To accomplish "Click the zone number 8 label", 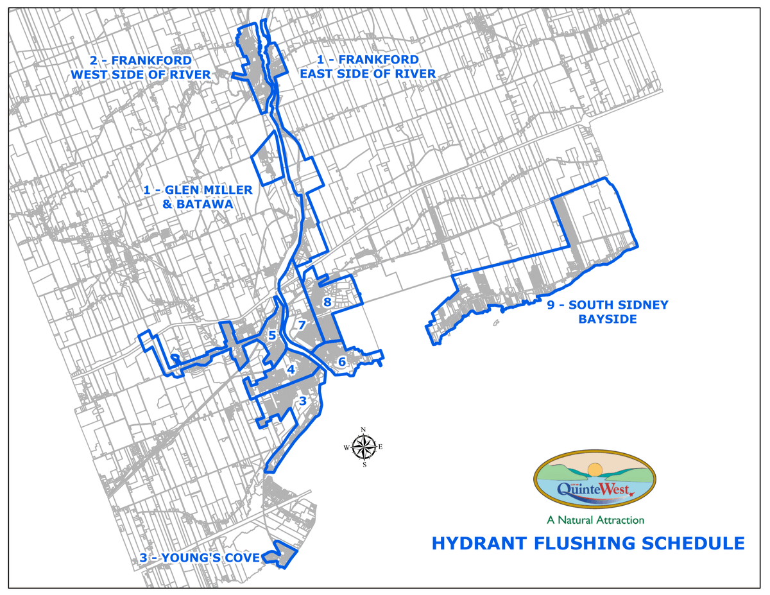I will tap(327, 302).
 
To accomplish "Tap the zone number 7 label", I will tap(301, 325).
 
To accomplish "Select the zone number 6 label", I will tap(342, 362).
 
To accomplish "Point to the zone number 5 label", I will tap(272, 335).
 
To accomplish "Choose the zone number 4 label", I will tap(291, 370).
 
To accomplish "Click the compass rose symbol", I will tap(363, 447).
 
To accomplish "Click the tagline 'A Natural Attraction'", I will tap(595, 519).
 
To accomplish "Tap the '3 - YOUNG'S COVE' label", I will tap(199, 558).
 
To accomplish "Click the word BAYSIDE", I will tap(607, 319).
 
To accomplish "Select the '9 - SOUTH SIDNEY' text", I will tap(607, 306).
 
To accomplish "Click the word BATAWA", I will tap(207, 204).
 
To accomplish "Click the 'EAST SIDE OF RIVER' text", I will tap(368, 74).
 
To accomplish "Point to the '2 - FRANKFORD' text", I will tap(141, 60).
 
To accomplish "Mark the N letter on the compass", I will tap(364, 430).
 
